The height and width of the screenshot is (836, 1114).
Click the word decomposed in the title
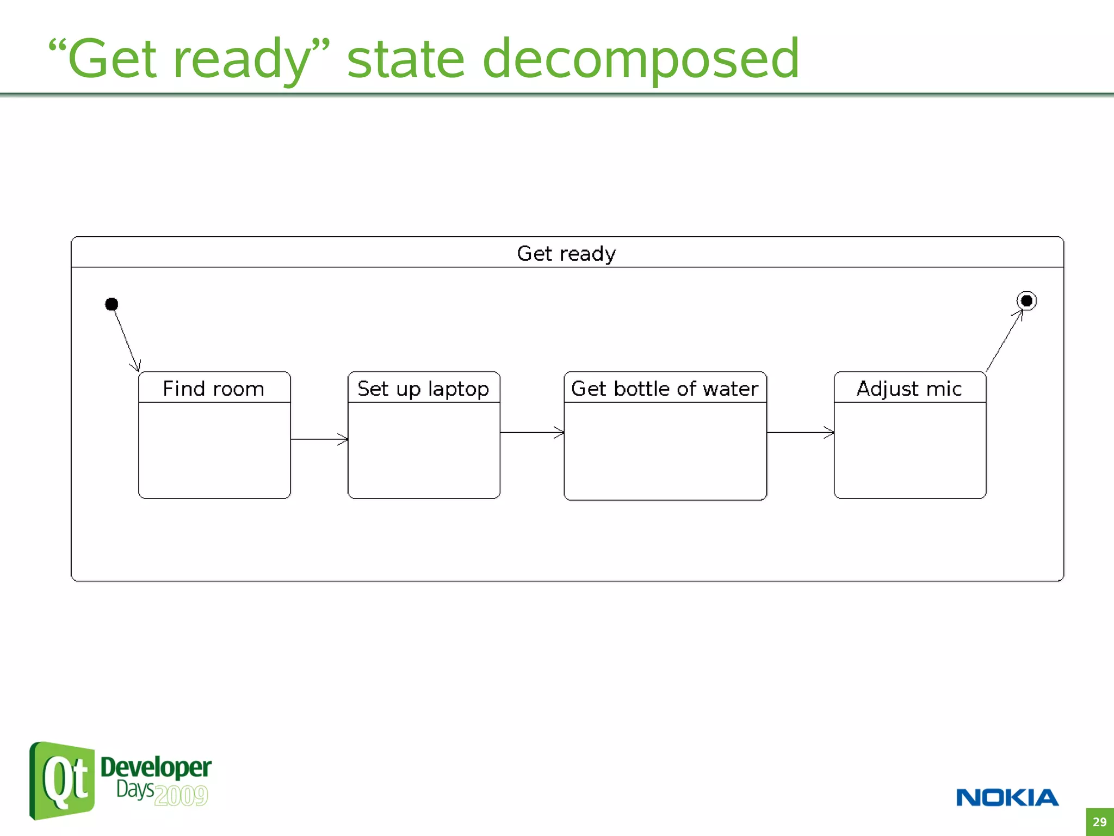tap(640, 59)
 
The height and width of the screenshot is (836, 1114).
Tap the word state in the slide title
tap(405, 59)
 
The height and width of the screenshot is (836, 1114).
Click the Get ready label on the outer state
tap(566, 254)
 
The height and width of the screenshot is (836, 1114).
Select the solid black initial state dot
tap(112, 304)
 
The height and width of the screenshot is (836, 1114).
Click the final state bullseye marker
tap(1026, 300)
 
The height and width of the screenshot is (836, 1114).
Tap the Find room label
tap(214, 389)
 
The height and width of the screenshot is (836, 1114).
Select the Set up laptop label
tap(423, 389)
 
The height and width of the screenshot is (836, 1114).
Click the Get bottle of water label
tap(665, 389)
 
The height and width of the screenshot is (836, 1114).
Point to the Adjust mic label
tap(909, 389)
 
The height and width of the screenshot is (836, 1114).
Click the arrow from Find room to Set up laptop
tap(319, 439)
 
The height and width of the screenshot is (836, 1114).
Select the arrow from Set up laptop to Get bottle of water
tap(531, 433)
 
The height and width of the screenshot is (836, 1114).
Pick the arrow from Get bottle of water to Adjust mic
tap(800, 433)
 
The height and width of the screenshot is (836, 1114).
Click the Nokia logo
tap(1007, 797)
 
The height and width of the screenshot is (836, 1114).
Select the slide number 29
tap(1099, 822)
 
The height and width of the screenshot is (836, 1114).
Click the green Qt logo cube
tap(62, 780)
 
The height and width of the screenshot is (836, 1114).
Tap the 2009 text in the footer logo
tap(181, 796)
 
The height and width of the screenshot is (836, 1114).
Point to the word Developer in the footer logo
tap(156, 768)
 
